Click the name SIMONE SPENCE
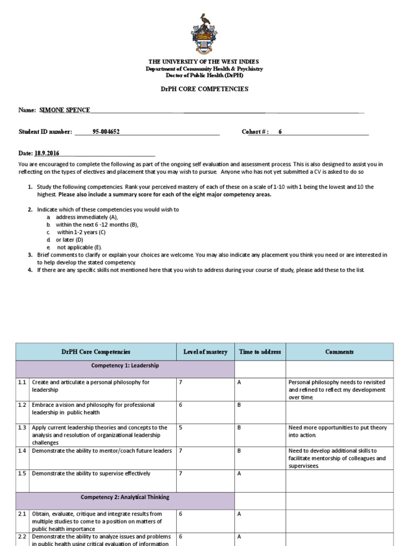[x=64, y=110]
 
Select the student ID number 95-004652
[x=106, y=132]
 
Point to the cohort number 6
[x=280, y=132]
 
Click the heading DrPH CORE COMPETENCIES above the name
[x=204, y=89]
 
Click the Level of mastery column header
[x=205, y=352]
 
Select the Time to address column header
[x=260, y=352]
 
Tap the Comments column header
[x=339, y=352]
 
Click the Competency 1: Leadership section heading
[x=125, y=366]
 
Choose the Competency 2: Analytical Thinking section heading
[x=125, y=497]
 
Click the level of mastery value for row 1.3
[x=181, y=428]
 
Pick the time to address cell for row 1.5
[x=239, y=473]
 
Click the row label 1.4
[x=22, y=451]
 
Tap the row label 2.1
[x=22, y=514]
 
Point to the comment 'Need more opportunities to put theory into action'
[x=338, y=431]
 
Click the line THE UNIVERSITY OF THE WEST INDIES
[x=204, y=62]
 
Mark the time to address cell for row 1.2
[x=239, y=405]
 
